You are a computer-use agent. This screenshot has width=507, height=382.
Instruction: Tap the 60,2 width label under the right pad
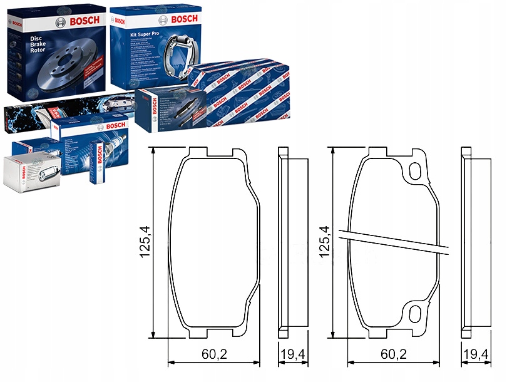[x=393, y=354]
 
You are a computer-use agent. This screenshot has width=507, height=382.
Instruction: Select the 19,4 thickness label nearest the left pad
[x=293, y=354]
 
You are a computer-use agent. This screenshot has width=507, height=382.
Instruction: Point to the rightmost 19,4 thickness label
[x=476, y=354]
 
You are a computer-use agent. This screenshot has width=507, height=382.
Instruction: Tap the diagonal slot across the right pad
[x=394, y=242]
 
